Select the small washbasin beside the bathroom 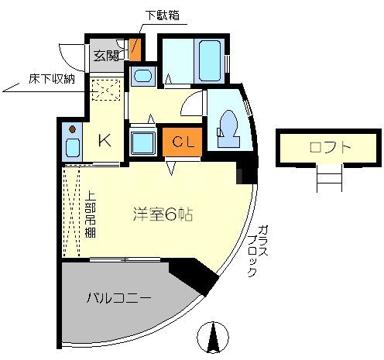tap(142, 76)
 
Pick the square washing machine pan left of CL tap(144, 143)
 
